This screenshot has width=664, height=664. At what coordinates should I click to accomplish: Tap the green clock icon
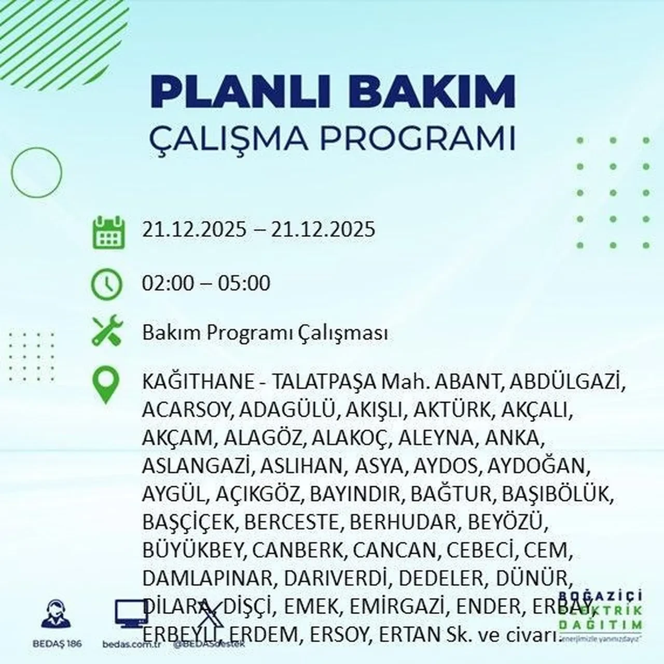point(106,284)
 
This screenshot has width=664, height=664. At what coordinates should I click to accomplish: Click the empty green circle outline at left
point(36,172)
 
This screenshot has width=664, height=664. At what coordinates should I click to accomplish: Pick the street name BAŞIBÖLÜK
point(558,493)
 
